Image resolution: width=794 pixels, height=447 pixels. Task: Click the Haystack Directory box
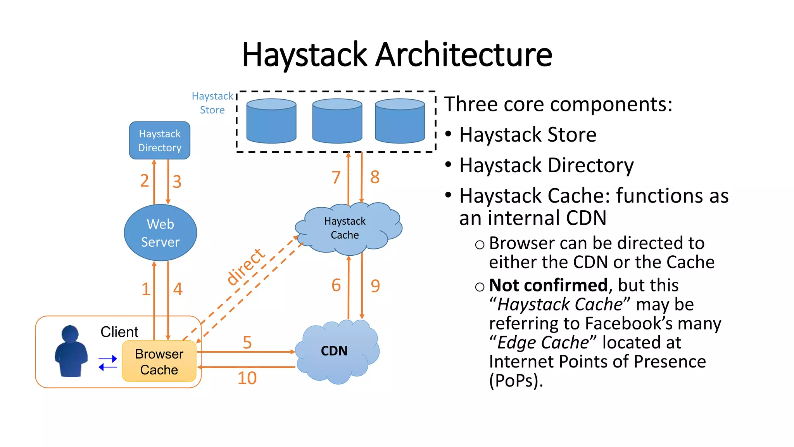click(x=159, y=140)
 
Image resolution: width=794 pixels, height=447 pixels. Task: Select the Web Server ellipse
click(x=160, y=233)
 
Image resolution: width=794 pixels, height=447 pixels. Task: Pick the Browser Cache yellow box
click(x=159, y=362)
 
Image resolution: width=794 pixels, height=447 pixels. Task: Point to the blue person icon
click(x=71, y=352)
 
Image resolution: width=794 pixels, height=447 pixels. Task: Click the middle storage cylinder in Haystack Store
click(x=337, y=121)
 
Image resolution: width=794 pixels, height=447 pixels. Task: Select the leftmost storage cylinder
click(x=271, y=121)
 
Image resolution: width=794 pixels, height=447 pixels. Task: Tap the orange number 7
click(x=336, y=178)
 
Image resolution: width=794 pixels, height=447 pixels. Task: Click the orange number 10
click(x=247, y=378)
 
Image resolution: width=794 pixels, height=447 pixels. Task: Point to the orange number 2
click(x=144, y=181)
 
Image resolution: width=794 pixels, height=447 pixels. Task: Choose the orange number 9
click(x=375, y=286)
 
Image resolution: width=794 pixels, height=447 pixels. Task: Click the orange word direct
click(x=245, y=267)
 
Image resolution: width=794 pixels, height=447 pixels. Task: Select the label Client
click(x=119, y=332)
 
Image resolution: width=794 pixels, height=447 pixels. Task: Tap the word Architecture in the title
click(x=464, y=55)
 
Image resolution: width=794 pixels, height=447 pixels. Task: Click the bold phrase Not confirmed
click(x=548, y=286)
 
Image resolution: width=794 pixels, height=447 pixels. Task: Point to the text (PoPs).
click(x=516, y=381)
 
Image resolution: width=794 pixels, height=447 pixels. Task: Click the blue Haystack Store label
click(x=212, y=103)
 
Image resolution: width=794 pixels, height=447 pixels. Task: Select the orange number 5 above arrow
click(x=247, y=343)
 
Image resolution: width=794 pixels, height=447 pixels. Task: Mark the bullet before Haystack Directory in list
click(x=448, y=165)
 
